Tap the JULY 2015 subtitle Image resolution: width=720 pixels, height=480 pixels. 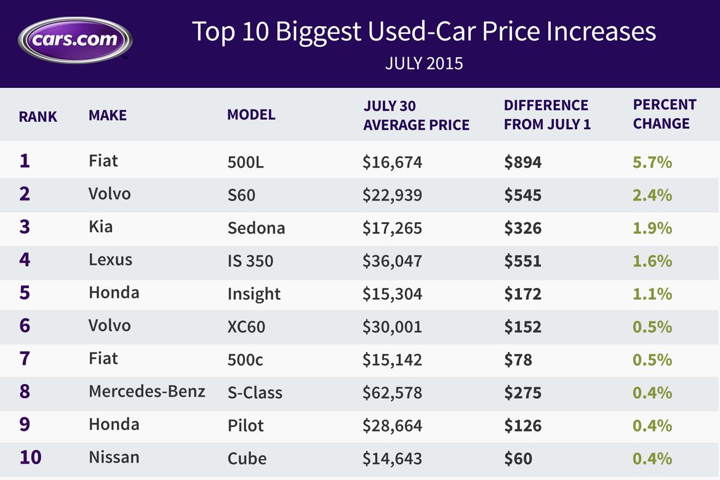tap(424, 63)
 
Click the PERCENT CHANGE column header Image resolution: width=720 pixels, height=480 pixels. tap(665, 114)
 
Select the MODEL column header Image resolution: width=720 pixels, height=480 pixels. tap(251, 114)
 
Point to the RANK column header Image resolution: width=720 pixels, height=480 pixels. tap(38, 116)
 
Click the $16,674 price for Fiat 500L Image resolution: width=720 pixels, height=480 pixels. tap(392, 162)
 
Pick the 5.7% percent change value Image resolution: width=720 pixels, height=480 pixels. tap(652, 162)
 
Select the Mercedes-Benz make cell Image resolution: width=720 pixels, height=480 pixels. tap(147, 391)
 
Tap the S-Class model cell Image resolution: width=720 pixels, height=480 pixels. tap(255, 393)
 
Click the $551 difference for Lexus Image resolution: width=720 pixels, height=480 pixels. tap(522, 261)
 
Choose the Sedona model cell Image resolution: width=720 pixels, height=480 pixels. tap(256, 228)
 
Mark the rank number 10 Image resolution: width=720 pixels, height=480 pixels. tap(31, 458)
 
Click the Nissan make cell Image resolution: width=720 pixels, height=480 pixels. tap(114, 457)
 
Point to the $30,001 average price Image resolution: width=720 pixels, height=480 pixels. tap(392, 327)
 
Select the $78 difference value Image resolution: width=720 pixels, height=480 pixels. tap(518, 359)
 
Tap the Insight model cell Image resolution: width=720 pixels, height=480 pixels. tap(254, 294)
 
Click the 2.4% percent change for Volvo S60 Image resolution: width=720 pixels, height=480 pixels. tap(652, 195)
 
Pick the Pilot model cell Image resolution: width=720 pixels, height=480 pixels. tap(246, 426)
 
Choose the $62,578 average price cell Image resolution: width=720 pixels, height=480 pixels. tap(392, 393)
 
